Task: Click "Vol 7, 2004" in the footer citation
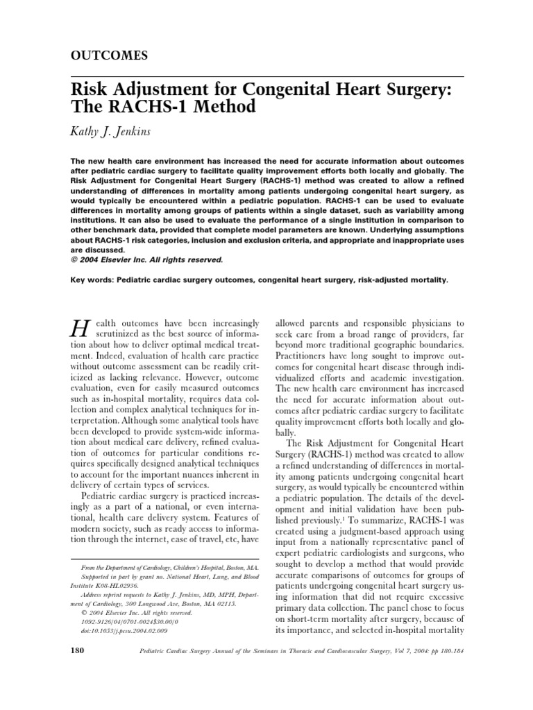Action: pyautogui.click(x=389, y=652)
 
